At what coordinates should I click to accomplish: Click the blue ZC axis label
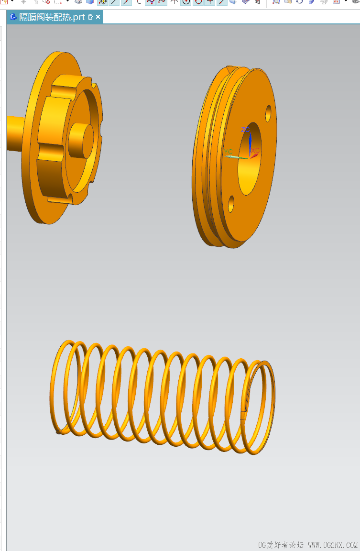245,130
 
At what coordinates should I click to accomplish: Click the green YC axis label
229,152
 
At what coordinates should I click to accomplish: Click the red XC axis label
255,150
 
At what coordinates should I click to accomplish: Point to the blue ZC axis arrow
250,144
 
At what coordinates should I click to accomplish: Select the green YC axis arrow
236,157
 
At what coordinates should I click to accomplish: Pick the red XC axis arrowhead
254,155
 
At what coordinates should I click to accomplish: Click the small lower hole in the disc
231,204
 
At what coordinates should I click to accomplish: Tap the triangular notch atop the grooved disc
231,68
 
